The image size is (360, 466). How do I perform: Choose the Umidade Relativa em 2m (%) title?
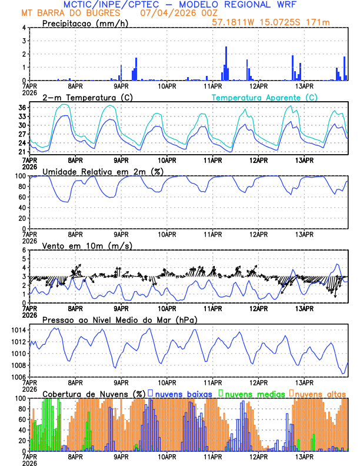[102, 171]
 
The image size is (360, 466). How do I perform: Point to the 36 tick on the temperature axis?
[21, 108]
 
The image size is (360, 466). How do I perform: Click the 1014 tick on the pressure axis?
[18, 331]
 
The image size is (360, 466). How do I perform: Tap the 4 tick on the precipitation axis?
[24, 28]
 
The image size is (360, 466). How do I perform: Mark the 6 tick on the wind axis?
[24, 250]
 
